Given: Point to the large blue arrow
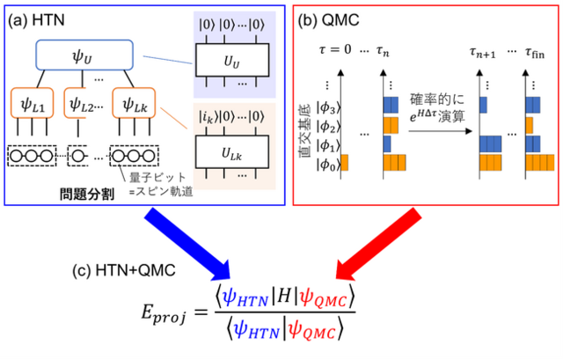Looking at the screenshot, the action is coord(187,247).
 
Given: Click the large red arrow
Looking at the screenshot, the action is coord(377,245).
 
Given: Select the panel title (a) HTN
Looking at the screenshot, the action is coord(36,19).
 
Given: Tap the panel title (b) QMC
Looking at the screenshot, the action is coord(328,20).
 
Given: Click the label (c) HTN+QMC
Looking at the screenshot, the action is coord(124,270).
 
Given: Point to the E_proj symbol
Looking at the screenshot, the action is coord(164,312).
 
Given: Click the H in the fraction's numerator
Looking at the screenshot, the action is coord(284,298).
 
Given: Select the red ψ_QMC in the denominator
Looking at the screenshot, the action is coord(313,330).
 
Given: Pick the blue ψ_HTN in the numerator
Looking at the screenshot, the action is coord(245,299).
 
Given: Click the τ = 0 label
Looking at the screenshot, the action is coord(335,49).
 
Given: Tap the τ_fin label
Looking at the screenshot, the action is coord(535,52).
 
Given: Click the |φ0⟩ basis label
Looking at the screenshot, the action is coord(328,165).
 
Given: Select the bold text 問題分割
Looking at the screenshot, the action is coord(87,194).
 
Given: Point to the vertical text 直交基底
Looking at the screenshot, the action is coord(305,131).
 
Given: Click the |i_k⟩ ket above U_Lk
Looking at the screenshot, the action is coord(208,117).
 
